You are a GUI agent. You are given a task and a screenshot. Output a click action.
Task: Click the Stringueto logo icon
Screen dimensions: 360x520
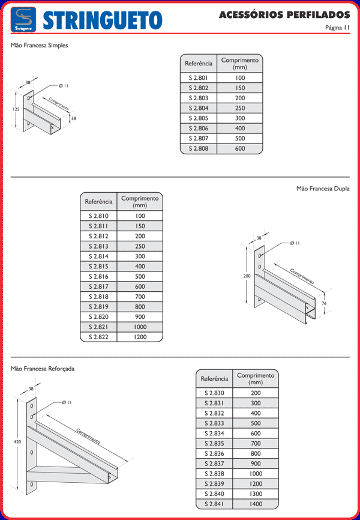(x=23, y=20)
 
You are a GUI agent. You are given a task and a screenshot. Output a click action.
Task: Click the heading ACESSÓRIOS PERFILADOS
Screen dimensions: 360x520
(x=284, y=14)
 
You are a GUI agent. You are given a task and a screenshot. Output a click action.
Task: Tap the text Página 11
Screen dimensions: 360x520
(x=337, y=28)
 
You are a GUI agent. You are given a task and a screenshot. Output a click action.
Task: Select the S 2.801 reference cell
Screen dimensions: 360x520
(x=199, y=78)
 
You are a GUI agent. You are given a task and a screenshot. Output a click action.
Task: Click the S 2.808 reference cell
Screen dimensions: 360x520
(x=199, y=148)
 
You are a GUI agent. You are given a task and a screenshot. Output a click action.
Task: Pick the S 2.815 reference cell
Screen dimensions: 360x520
(x=98, y=266)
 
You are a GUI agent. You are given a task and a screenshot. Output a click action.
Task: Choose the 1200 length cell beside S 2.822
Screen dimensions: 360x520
(x=140, y=337)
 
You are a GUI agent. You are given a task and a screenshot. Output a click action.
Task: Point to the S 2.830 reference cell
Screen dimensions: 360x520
(x=214, y=393)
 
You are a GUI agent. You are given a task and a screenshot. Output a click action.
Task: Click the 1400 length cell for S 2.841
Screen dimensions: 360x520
(x=256, y=504)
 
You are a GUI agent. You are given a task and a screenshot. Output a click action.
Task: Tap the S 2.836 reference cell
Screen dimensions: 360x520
(x=214, y=453)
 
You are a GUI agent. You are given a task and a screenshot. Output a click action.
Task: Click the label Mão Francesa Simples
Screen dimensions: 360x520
(x=39, y=46)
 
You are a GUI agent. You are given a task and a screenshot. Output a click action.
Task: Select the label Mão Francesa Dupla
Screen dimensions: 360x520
(x=323, y=189)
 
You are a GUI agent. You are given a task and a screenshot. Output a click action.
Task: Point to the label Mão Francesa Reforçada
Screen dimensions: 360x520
(x=43, y=369)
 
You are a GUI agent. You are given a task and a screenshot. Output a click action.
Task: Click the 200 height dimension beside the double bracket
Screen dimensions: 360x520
(x=247, y=276)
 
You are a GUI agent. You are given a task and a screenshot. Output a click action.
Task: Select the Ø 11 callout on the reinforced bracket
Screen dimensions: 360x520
(x=67, y=402)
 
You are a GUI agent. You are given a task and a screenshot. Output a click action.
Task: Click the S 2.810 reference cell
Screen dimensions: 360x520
(x=98, y=216)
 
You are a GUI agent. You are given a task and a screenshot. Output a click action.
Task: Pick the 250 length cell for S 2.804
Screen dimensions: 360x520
(x=240, y=108)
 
